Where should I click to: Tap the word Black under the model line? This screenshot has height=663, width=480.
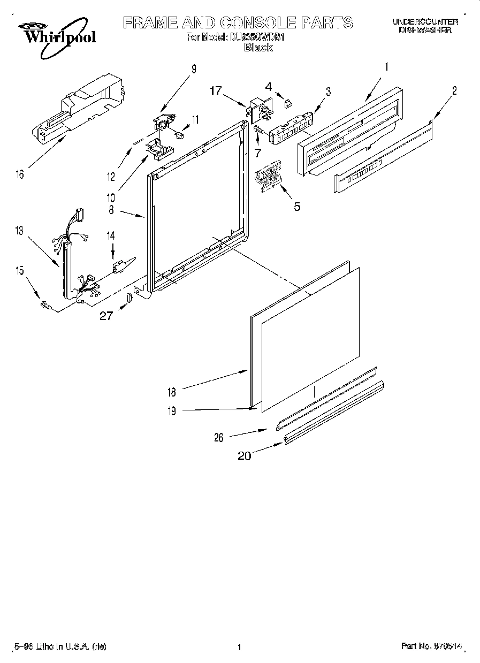click(258, 48)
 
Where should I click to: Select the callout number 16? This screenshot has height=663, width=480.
click(20, 174)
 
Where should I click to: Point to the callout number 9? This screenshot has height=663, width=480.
click(194, 68)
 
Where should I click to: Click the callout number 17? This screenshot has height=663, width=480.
click(215, 91)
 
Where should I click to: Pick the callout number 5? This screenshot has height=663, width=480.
click(296, 206)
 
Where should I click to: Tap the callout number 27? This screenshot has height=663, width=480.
click(106, 316)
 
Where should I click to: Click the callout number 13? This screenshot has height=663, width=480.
click(19, 231)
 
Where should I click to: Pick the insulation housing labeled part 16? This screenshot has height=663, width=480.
click(80, 110)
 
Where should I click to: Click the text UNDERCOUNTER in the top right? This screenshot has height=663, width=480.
click(425, 22)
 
